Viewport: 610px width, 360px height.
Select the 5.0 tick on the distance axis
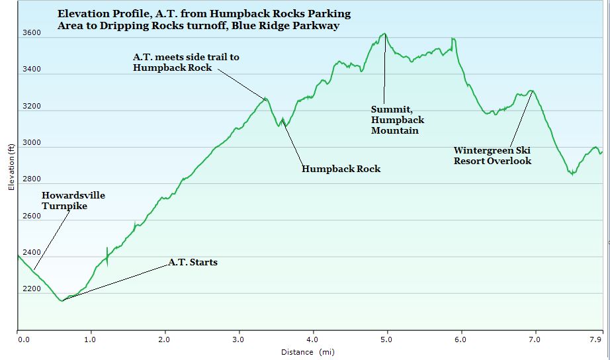(x=386, y=339)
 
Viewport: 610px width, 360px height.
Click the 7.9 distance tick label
(x=596, y=339)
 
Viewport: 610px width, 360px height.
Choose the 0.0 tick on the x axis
(x=24, y=339)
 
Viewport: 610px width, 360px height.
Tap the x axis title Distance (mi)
(x=308, y=352)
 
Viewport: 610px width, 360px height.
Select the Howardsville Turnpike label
(x=73, y=201)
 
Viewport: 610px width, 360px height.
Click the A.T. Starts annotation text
(x=193, y=263)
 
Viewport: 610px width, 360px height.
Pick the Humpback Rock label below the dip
(x=341, y=169)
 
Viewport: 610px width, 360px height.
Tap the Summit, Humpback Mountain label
(x=397, y=120)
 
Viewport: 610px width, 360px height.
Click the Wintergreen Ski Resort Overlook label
(x=492, y=156)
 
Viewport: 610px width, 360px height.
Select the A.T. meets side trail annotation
(x=186, y=62)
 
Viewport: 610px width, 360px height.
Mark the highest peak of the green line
(x=384, y=34)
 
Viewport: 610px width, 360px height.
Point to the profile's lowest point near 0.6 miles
(x=62, y=301)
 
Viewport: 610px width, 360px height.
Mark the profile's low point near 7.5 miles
(x=572, y=174)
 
